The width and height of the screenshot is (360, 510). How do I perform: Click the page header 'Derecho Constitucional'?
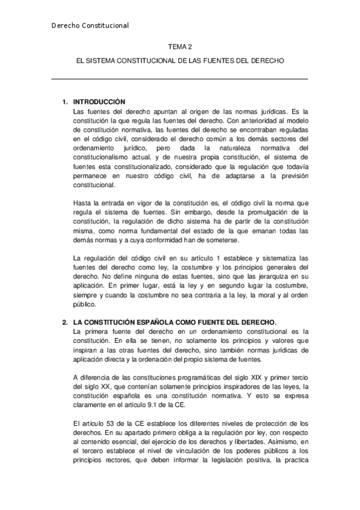[x=90, y=25]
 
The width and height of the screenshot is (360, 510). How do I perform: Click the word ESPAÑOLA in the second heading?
[x=163, y=322]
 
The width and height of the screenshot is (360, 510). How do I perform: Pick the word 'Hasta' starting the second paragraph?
[x=81, y=203]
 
